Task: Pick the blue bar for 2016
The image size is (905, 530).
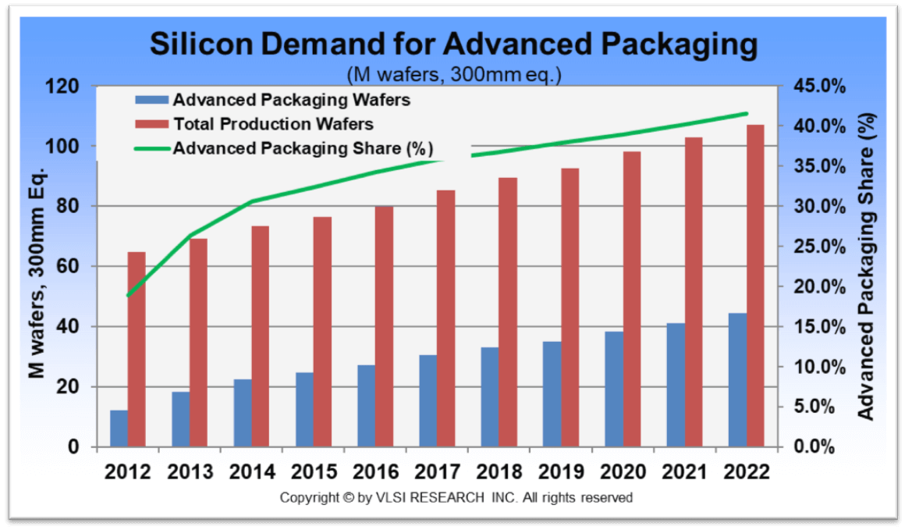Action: point(366,406)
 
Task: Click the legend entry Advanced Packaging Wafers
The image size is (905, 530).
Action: point(291,100)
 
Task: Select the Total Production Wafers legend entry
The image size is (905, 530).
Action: point(273,124)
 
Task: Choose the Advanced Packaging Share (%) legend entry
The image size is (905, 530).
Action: point(303,148)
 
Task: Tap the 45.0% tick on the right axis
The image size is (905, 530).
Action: point(819,87)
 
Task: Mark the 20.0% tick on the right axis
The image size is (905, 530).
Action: point(819,287)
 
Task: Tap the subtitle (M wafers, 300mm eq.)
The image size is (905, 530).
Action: point(453,75)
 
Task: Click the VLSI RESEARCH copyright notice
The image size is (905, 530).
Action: point(456,497)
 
